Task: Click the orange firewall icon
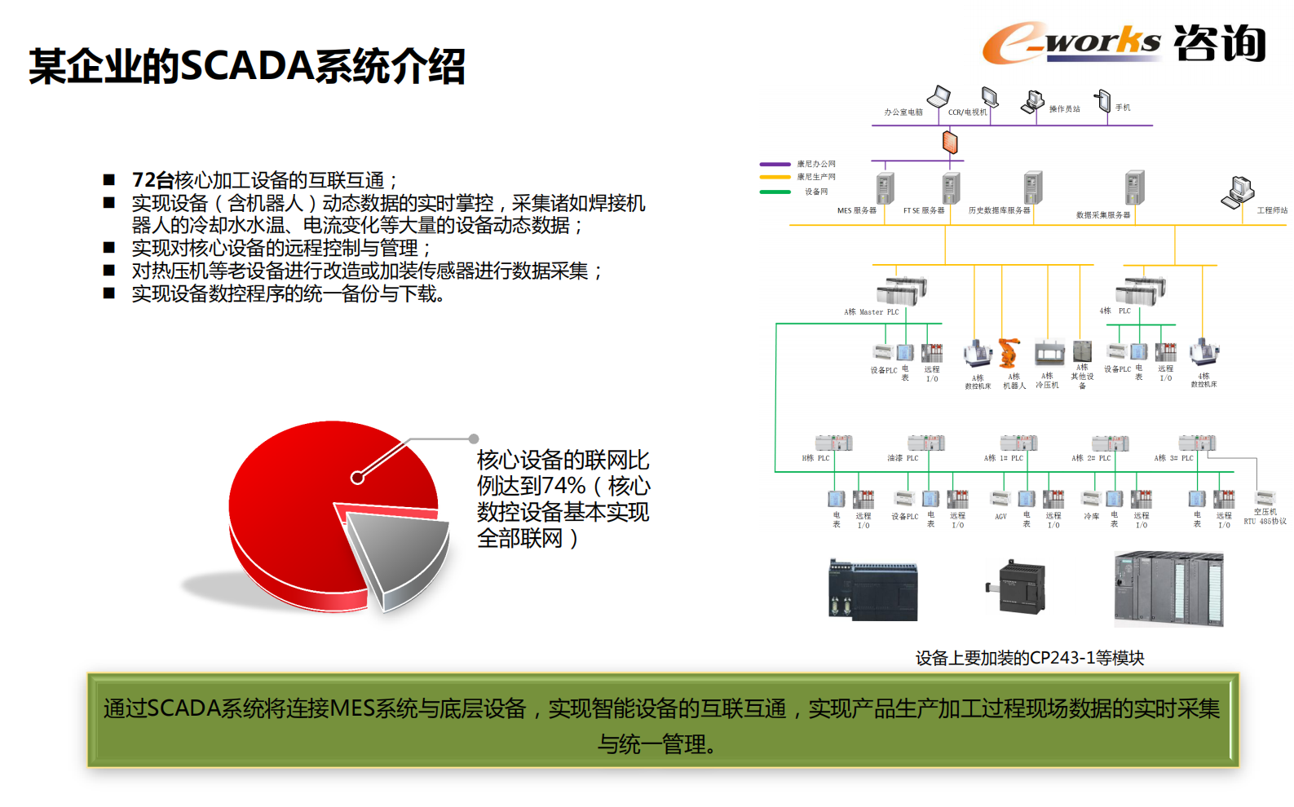point(950,142)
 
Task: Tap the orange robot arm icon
point(1009,353)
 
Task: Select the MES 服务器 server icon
point(885,187)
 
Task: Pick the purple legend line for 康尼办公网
point(775,164)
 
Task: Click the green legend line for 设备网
point(775,192)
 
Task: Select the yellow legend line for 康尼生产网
point(775,177)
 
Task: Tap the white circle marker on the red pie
point(357,478)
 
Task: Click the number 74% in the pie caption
point(563,486)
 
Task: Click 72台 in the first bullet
point(152,180)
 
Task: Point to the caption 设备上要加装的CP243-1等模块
point(1029,658)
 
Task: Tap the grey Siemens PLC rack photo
point(1168,589)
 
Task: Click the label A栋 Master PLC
point(871,312)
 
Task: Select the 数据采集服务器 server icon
point(1134,187)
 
